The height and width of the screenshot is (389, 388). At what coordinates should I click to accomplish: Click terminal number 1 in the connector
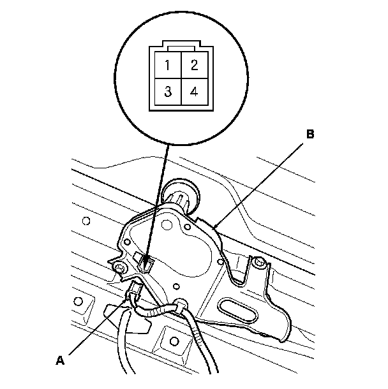point(167,65)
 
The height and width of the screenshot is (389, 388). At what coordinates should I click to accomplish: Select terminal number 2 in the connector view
point(194,65)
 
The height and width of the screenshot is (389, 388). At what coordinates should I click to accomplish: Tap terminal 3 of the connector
point(167,91)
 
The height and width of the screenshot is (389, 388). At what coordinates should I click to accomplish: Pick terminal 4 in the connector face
point(194,91)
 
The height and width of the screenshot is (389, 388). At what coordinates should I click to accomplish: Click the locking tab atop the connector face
point(181,46)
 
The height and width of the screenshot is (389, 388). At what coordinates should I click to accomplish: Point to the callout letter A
point(60,360)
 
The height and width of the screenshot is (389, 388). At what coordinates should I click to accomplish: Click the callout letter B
point(310,135)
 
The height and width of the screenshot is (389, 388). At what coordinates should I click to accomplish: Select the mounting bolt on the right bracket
point(258,263)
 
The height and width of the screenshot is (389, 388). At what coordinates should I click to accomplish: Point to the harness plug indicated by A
point(134,294)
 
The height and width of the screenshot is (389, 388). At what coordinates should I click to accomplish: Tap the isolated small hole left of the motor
point(86,222)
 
